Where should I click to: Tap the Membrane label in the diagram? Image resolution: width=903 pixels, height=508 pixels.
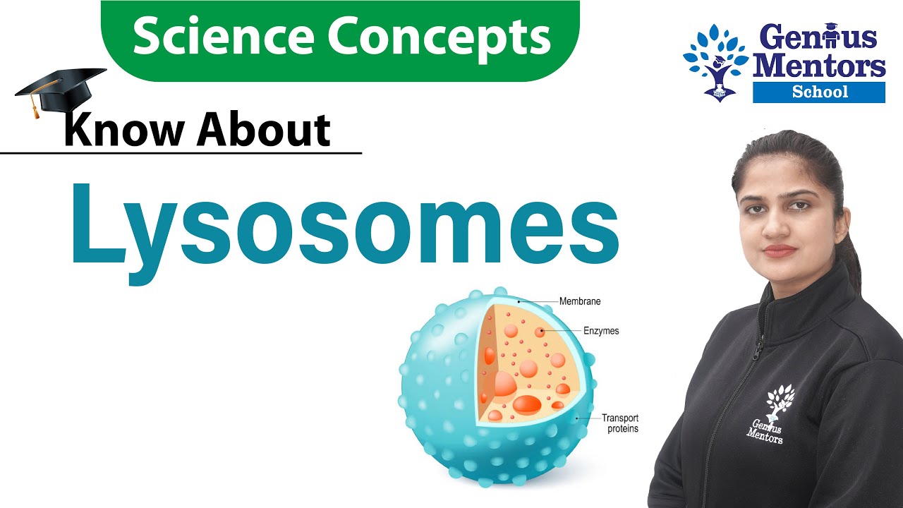click(x=580, y=302)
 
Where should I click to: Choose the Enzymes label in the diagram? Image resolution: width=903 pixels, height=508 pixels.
click(x=601, y=330)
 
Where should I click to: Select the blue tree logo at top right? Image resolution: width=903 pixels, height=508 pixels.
click(x=715, y=62)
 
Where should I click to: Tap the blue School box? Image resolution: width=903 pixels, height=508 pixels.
click(x=819, y=92)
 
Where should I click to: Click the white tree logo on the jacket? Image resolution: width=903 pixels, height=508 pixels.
click(x=780, y=399)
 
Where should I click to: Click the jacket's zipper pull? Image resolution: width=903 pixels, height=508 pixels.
click(x=758, y=349)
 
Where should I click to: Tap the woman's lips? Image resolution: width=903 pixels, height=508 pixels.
click(x=780, y=250)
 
